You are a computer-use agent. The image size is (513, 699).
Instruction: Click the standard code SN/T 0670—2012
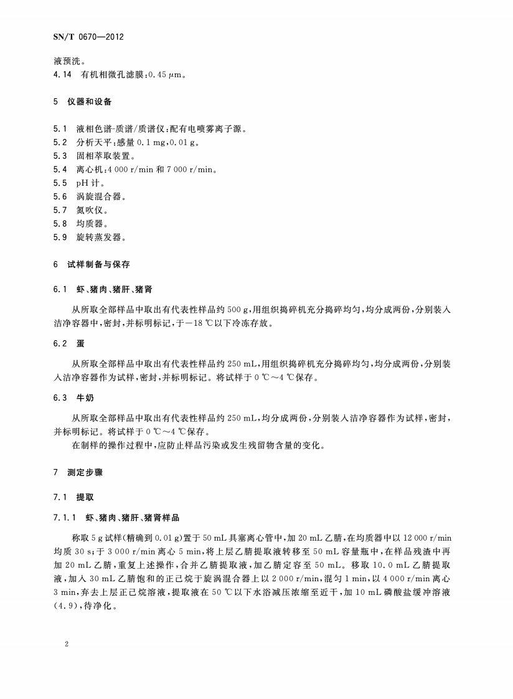point(88,37)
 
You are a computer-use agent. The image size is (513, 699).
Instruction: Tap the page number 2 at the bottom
point(66,644)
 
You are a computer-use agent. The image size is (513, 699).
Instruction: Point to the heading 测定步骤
point(85,473)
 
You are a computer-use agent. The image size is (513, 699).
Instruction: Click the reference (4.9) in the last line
point(65,604)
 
